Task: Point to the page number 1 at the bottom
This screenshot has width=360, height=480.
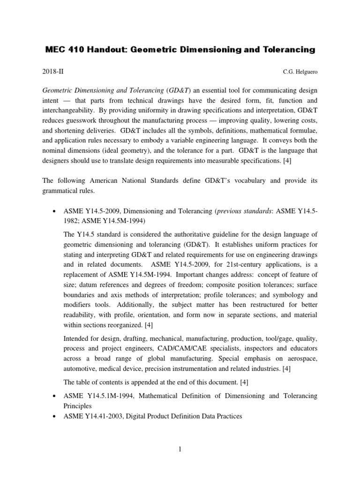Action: pyautogui.click(x=180, y=450)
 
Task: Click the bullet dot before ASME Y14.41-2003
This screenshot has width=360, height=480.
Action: pyautogui.click(x=55, y=416)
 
